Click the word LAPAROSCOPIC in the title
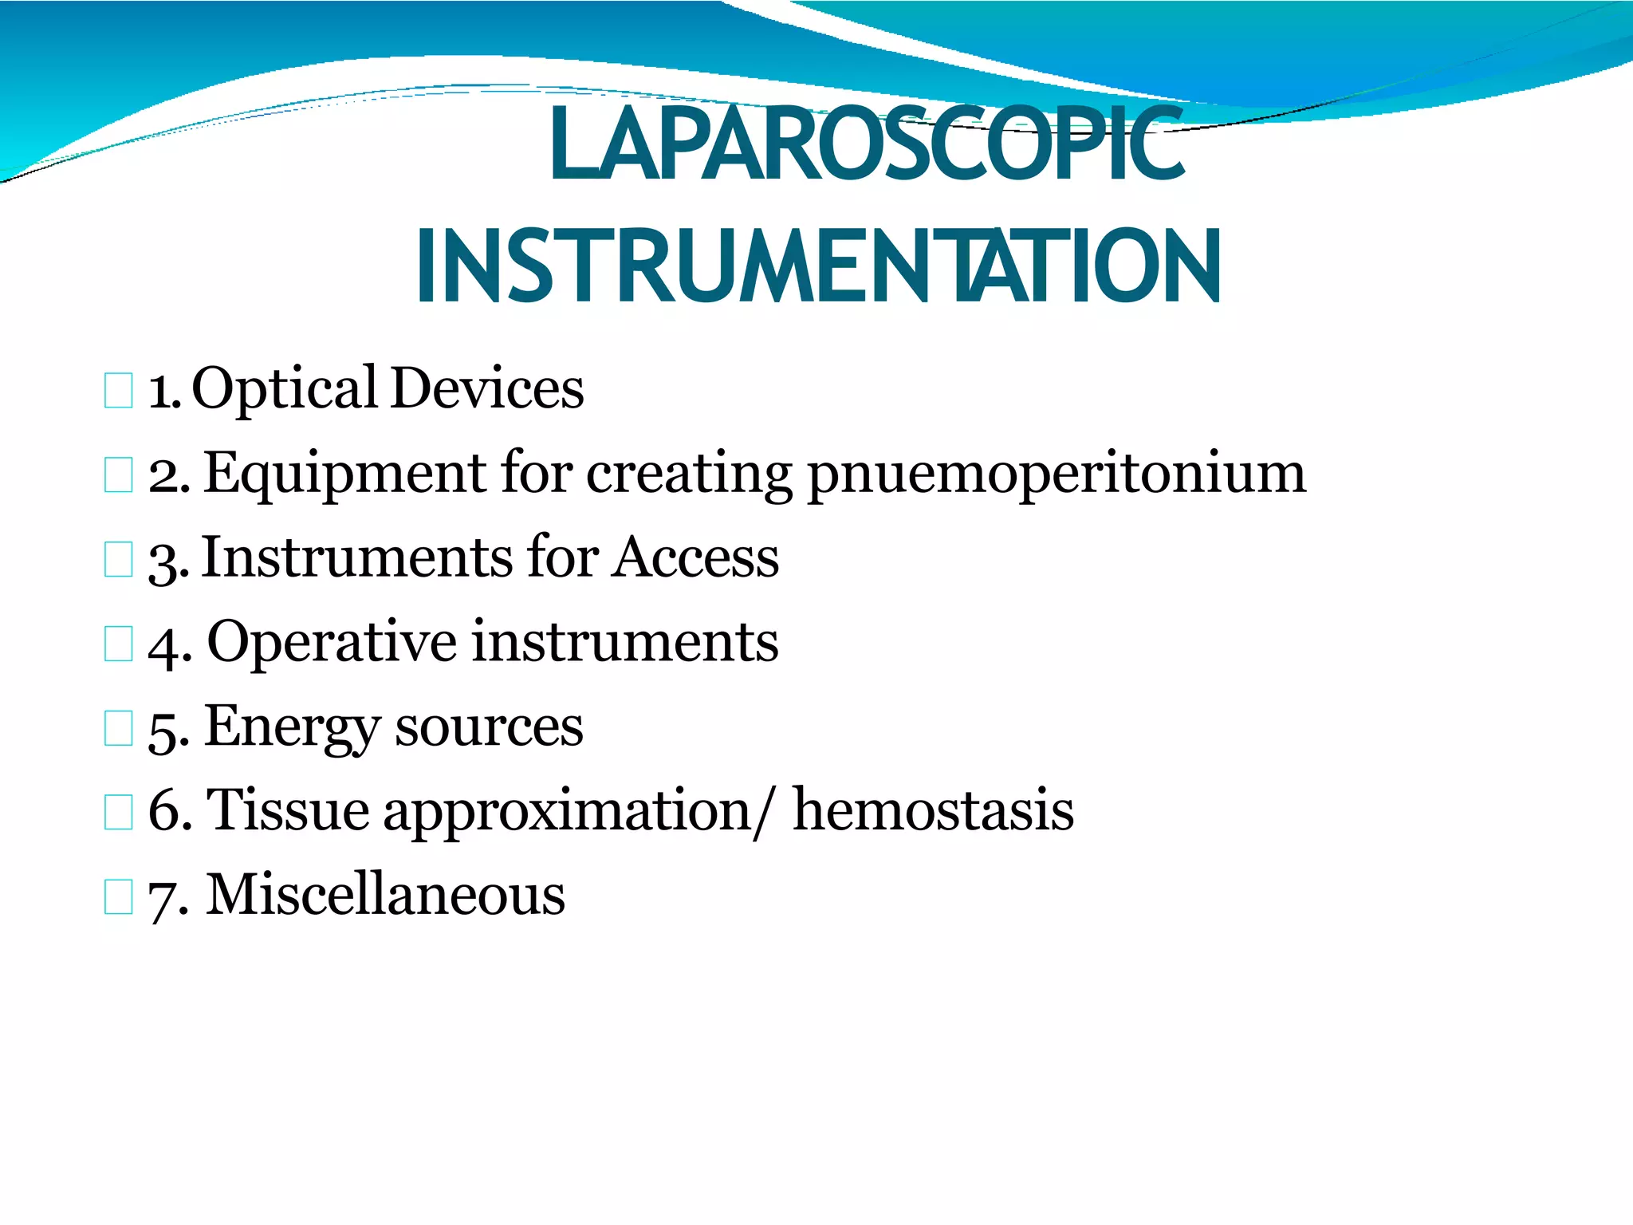(x=867, y=146)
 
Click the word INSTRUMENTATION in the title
(x=818, y=266)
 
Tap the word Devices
(x=487, y=389)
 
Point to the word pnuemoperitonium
(x=1057, y=474)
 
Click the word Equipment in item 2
(x=344, y=474)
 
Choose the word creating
(x=689, y=474)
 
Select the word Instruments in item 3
(x=356, y=557)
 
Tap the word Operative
(x=332, y=643)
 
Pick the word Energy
(x=293, y=727)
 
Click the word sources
(x=489, y=727)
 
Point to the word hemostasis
(x=932, y=811)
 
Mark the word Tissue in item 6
(x=288, y=811)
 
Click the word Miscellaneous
(x=385, y=896)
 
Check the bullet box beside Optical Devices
(x=118, y=391)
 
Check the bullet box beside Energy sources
(x=118, y=728)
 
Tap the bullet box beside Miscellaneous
(x=118, y=896)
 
